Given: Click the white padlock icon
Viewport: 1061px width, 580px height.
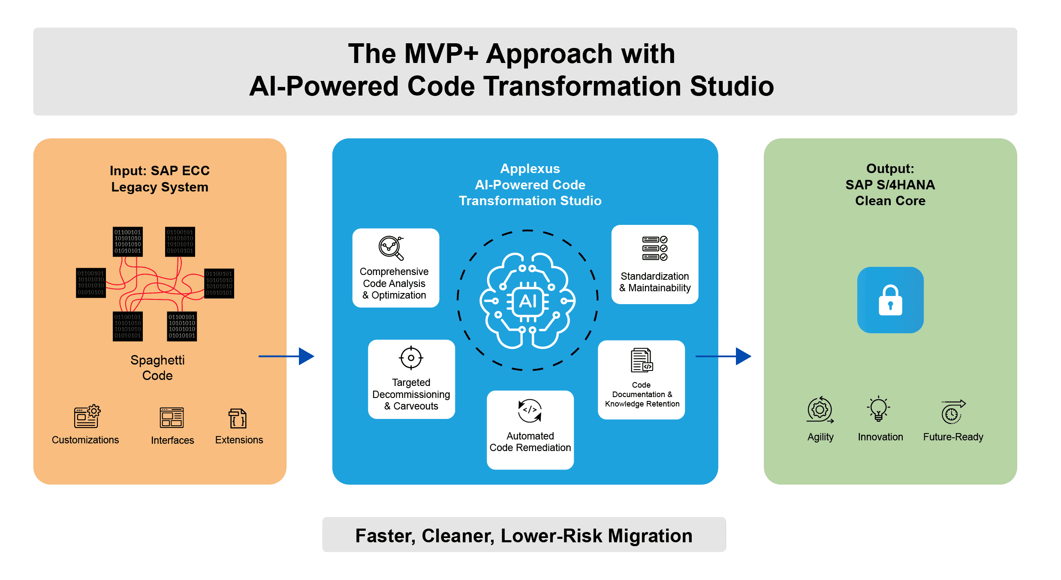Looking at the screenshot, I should [890, 300].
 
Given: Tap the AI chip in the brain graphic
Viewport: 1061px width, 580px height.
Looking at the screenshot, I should [528, 302].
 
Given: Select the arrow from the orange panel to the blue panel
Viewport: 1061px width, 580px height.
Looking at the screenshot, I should [286, 356].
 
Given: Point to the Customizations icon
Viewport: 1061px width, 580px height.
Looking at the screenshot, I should [87, 416].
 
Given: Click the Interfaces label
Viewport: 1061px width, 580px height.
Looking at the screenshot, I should [172, 440].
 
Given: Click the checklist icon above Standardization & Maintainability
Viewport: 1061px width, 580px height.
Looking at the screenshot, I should [654, 248].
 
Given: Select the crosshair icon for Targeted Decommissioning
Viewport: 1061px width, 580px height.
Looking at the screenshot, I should [411, 358].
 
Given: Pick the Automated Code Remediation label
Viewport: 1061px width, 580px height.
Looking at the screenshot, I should [530, 442].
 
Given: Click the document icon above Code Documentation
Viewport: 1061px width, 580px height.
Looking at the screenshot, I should [642, 360].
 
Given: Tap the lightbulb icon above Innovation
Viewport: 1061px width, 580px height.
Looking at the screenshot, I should [878, 409].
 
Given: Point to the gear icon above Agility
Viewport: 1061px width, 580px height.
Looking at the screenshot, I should [820, 410].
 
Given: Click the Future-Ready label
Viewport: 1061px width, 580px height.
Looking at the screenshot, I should [953, 437].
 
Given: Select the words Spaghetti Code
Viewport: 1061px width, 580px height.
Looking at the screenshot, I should [157, 368].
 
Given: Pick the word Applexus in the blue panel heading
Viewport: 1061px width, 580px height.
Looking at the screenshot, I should [530, 169].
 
